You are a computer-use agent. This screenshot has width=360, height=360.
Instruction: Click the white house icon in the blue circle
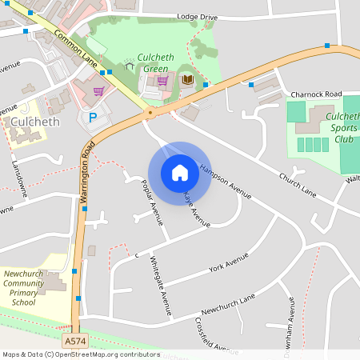click(x=179, y=172)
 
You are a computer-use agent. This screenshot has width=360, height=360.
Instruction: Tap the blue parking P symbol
click(x=92, y=118)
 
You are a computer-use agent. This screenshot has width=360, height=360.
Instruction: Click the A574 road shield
click(x=74, y=342)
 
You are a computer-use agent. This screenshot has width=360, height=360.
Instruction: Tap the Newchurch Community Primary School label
click(x=24, y=287)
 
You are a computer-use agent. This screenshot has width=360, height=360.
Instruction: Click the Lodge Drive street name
click(x=197, y=17)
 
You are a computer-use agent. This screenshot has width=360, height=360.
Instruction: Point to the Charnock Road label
click(x=316, y=94)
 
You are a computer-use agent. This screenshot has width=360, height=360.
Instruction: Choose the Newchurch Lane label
click(x=228, y=303)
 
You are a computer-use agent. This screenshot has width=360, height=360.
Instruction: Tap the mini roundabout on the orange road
click(x=150, y=113)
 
